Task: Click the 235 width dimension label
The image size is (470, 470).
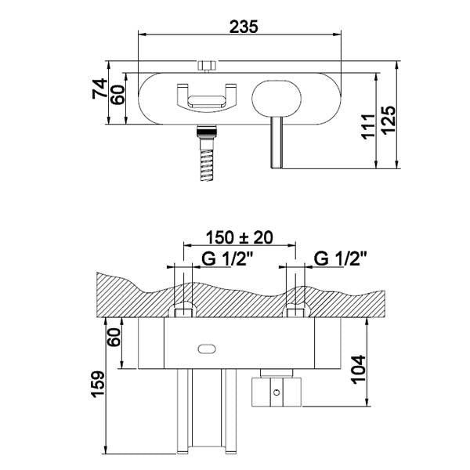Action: [x=244, y=27]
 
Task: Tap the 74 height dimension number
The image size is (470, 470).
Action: [x=99, y=89]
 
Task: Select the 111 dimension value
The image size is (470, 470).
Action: [x=369, y=126]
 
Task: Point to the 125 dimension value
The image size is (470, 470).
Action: [x=389, y=120]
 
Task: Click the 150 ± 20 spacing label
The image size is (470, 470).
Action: [x=240, y=237]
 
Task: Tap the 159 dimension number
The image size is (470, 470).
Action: [x=99, y=385]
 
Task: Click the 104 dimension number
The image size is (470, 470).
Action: [x=359, y=370]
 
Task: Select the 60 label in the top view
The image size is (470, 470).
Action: [x=117, y=95]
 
